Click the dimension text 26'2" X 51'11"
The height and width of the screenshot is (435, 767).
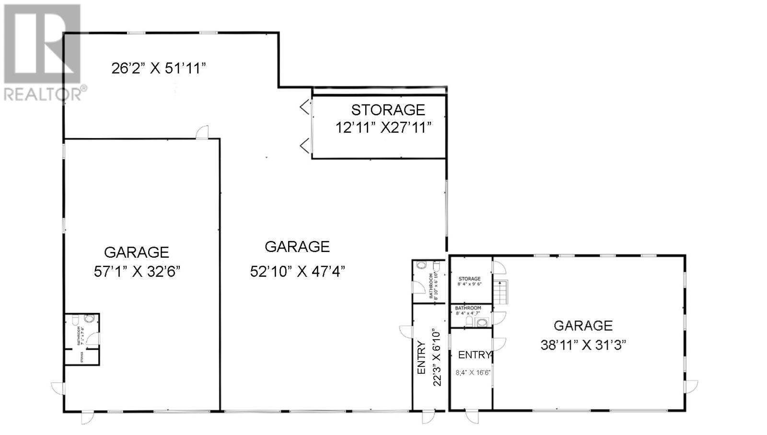(x=159, y=69)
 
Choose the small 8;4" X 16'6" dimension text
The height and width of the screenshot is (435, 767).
(x=473, y=372)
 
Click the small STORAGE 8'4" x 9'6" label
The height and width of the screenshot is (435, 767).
(x=469, y=281)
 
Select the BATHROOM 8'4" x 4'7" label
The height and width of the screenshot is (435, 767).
(x=468, y=310)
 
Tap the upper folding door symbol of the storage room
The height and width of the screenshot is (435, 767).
(x=305, y=107)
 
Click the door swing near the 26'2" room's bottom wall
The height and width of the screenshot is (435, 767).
(x=203, y=132)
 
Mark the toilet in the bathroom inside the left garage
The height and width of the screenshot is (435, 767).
(x=89, y=319)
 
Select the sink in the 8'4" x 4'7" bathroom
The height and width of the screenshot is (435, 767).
(x=482, y=322)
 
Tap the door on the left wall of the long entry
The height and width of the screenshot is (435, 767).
(x=406, y=332)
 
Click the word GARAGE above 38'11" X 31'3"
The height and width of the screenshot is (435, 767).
(x=583, y=326)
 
